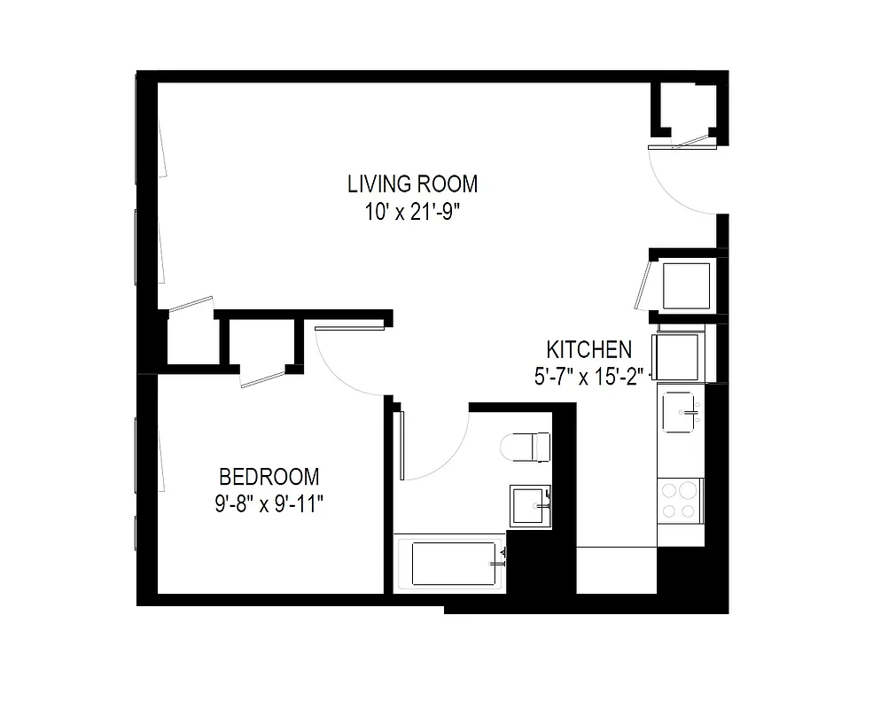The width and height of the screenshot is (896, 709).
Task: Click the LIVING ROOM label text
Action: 412,184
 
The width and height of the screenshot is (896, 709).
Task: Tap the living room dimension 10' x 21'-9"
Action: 412,214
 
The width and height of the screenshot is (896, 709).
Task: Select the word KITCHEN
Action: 588,349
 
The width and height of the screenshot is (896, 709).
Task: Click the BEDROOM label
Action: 269,476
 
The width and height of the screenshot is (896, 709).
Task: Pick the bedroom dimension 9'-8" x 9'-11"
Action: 269,505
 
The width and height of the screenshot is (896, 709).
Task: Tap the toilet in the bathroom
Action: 526,446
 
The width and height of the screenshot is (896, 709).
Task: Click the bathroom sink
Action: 530,505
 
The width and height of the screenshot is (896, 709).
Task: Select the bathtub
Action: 453,564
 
